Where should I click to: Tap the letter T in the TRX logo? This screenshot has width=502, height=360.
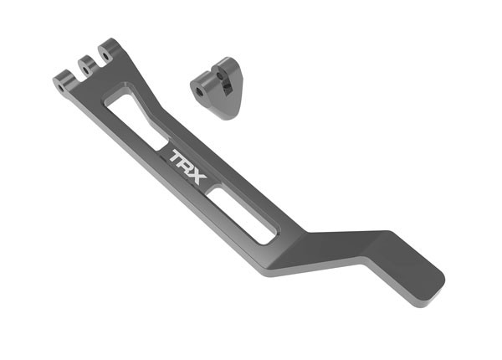click(177, 156)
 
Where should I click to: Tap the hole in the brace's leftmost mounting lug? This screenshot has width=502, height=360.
click(62, 80)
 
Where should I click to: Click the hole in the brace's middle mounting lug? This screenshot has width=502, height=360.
click(84, 62)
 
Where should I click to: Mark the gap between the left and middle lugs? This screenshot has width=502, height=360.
click(74, 74)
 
